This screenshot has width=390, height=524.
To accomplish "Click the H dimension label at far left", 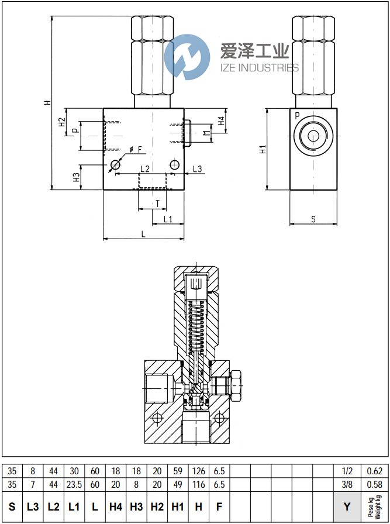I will click(x=48, y=103).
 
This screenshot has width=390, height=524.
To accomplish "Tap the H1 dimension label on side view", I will click(x=263, y=149).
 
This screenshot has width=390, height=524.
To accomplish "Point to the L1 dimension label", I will click(x=168, y=219).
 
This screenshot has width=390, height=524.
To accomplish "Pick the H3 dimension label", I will click(x=76, y=177).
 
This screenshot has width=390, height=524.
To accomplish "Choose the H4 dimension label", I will click(x=221, y=121).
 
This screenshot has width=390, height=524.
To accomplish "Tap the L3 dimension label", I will click(x=197, y=169).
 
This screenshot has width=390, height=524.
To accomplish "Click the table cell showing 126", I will click(x=199, y=471).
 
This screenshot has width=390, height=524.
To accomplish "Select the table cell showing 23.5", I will click(x=74, y=485).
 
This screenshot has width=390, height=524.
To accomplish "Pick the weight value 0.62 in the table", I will click(x=374, y=471).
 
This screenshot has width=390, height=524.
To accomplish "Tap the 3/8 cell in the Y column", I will click(x=347, y=485).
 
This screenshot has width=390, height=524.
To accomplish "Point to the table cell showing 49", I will click(x=178, y=485).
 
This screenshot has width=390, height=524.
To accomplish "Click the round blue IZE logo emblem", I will click(x=187, y=57).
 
